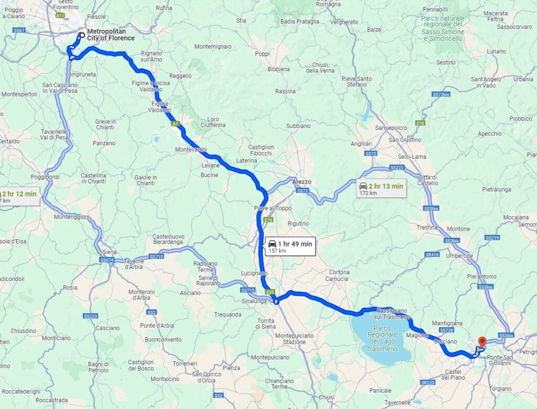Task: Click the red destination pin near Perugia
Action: pyautogui.click(x=481, y=341)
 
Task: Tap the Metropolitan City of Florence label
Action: pyautogui.click(x=111, y=35)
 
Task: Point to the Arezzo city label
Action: pyautogui.click(x=302, y=181)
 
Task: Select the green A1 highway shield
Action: pyautogui.click(x=176, y=124)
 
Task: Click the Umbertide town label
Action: pyautogui.click(x=461, y=256)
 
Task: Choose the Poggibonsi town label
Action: pyautogui.click(x=45, y=177)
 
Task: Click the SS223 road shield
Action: pyautogui.click(x=90, y=316)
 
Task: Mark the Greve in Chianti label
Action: pyautogui.click(x=105, y=124)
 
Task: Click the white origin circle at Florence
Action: pyautogui.click(x=81, y=36)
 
